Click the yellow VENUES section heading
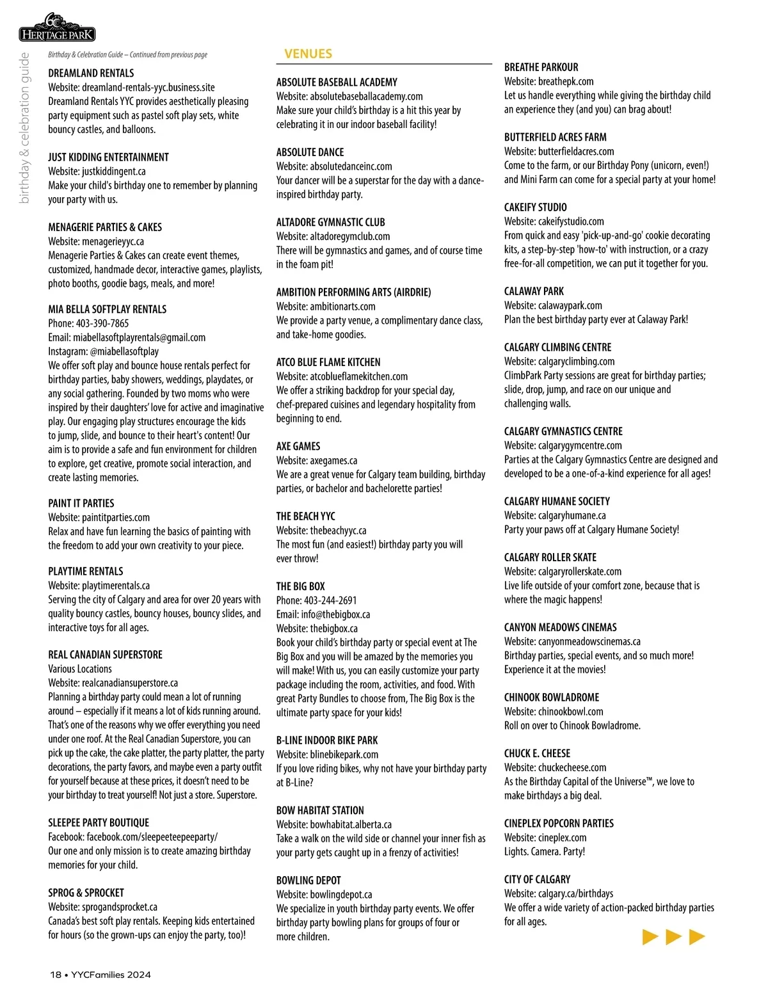(308, 54)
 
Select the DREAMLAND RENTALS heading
(91, 73)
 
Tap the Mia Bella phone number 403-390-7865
(102, 323)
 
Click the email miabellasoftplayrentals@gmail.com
(139, 337)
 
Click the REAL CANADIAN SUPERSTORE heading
(105, 654)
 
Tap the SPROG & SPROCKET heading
(86, 892)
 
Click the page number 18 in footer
(56, 975)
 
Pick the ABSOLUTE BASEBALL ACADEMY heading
(337, 82)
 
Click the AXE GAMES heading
(298, 446)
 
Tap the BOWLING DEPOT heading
(308, 880)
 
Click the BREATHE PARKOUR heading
(541, 67)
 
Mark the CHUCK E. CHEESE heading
(537, 753)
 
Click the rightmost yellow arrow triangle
(696, 937)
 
